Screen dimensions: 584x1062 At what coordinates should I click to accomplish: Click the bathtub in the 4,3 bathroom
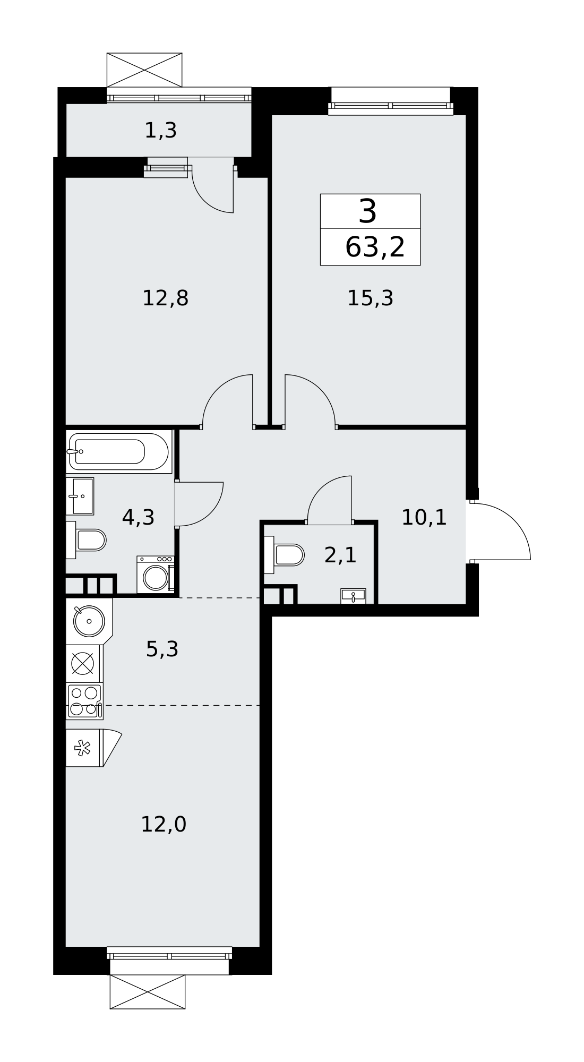(x=119, y=451)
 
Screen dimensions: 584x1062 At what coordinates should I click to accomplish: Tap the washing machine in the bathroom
(x=156, y=575)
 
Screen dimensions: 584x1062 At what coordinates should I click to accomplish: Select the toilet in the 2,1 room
(x=284, y=555)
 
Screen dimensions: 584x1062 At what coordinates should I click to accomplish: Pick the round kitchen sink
(x=89, y=621)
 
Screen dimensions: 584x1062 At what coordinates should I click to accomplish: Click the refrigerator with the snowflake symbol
(x=84, y=748)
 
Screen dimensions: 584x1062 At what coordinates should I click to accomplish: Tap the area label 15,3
(x=370, y=298)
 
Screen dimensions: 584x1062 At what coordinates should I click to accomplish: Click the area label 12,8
(x=165, y=298)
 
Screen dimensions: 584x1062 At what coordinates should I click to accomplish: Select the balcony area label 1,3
(x=160, y=131)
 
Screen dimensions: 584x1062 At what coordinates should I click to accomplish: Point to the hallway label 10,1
(x=424, y=517)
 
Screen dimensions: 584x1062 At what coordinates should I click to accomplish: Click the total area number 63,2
(x=375, y=247)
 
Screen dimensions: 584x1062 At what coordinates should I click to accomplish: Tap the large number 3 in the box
(x=368, y=211)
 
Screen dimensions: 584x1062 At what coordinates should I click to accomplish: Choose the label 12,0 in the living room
(x=164, y=825)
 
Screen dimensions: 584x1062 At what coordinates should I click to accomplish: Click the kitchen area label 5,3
(x=162, y=649)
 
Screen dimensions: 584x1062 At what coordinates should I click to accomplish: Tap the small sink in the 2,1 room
(x=353, y=596)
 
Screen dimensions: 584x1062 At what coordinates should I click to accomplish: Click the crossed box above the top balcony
(x=144, y=70)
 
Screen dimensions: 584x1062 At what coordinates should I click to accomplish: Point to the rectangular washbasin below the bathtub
(x=80, y=496)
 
